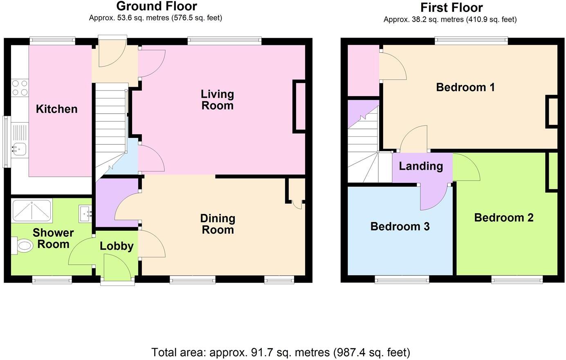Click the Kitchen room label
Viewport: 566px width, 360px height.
pos(56,109)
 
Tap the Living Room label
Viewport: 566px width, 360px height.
pos(217,100)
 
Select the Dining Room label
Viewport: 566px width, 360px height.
pos(218,224)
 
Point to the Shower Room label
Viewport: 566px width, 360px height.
pos(53,239)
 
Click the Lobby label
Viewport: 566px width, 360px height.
pos(117,246)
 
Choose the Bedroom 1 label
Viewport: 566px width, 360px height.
pos(465,87)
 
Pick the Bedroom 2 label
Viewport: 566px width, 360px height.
pos(503,218)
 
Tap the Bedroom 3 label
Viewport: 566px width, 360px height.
pos(400,227)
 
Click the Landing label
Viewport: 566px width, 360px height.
pos(421,166)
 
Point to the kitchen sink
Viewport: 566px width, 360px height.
pos(19,148)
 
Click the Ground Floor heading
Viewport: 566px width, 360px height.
pos(156,6)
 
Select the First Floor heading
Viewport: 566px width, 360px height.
pos(451,7)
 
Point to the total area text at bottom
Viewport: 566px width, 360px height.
pos(281,352)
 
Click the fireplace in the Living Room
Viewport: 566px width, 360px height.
pos(299,106)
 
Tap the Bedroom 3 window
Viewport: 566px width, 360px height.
pos(402,280)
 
